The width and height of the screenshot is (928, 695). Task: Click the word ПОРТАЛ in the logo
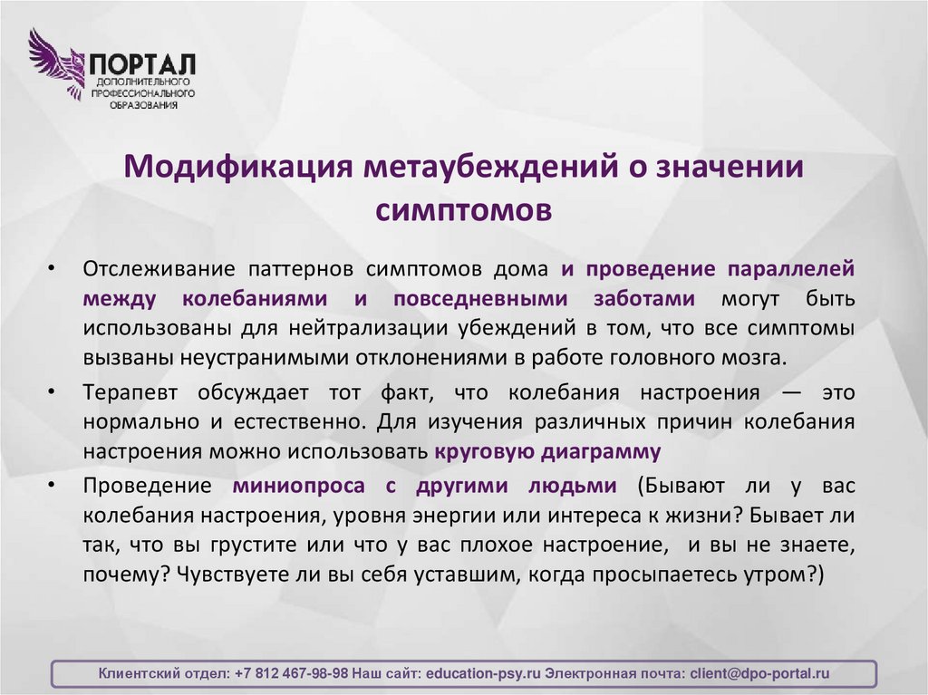(141, 66)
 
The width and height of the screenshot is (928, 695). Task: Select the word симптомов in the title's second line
(463, 209)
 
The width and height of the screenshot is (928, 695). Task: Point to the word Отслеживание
(143, 270)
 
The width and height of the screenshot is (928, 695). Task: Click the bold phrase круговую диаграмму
(547, 450)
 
